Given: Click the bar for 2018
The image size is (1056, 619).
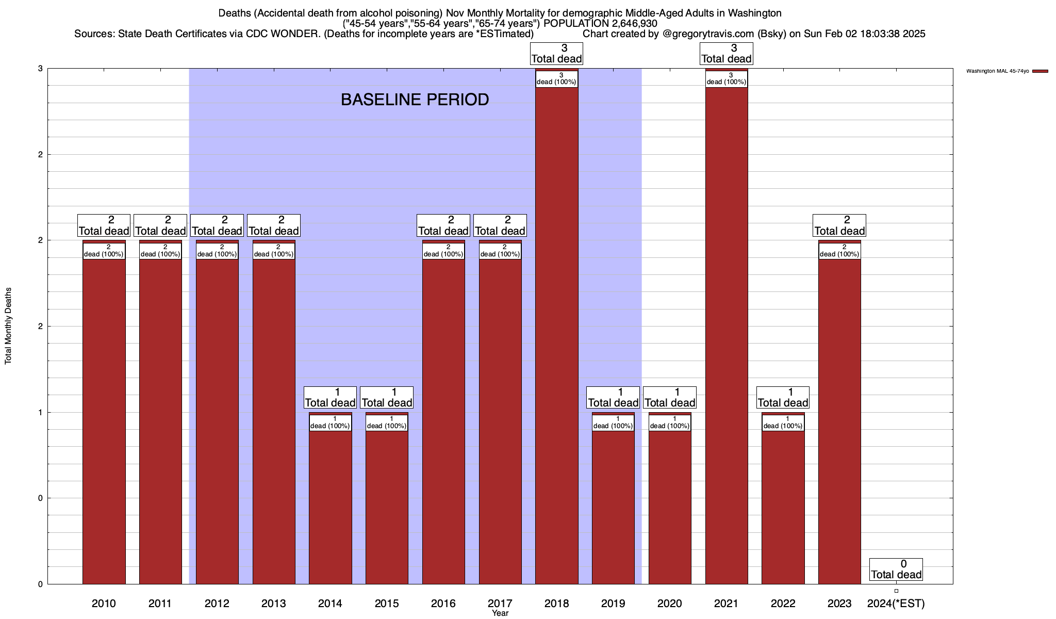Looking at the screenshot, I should tap(556, 335).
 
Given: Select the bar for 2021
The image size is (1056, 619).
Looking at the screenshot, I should tap(726, 335).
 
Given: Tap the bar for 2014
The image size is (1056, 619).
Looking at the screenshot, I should tap(330, 506).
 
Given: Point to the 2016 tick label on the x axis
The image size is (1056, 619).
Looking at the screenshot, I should tap(443, 603).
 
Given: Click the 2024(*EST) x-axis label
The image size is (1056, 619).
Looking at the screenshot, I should tap(896, 603).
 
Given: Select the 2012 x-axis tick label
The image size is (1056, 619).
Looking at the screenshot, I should tap(217, 603).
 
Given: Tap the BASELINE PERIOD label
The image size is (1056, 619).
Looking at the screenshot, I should tap(415, 100).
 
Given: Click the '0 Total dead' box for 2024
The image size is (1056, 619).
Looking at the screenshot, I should tap(896, 569).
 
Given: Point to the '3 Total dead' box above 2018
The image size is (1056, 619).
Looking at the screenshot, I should tap(556, 54).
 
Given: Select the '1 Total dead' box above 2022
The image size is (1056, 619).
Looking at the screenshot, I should tap(783, 397).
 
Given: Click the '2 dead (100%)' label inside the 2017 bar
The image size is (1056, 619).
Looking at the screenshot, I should tap(500, 251).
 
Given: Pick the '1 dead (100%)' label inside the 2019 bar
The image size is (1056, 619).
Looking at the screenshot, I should tap(613, 423).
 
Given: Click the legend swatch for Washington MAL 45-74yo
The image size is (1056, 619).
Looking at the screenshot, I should tap(1040, 71).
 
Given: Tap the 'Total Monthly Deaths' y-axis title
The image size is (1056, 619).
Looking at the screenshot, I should tap(8, 325).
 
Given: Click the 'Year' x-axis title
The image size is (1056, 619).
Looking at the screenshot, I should tap(500, 613).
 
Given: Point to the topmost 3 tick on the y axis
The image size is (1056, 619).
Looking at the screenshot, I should tap(39, 69).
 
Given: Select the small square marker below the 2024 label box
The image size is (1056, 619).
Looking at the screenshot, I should tap(896, 591).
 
